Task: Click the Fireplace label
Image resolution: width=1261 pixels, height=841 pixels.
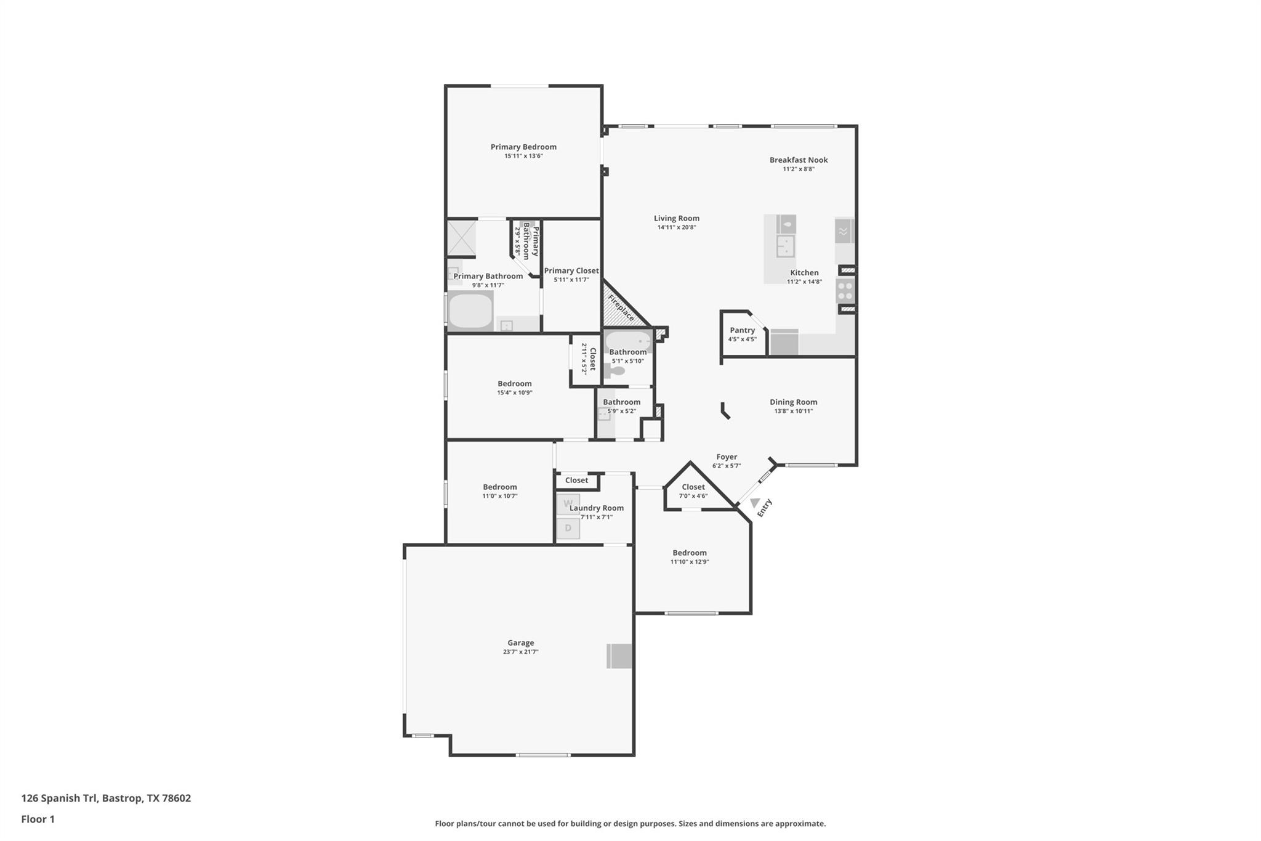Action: (x=621, y=307)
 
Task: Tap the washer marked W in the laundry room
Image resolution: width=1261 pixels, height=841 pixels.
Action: (x=568, y=503)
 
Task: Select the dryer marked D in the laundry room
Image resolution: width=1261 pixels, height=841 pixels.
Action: (x=568, y=528)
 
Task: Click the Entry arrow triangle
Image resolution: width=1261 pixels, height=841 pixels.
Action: (x=755, y=503)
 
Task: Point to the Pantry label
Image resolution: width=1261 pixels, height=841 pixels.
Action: (x=742, y=330)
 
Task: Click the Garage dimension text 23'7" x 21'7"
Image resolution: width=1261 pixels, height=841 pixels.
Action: (x=520, y=652)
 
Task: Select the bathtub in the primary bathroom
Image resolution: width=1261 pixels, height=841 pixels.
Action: (x=470, y=311)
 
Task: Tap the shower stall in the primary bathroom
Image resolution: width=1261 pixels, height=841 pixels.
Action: (x=461, y=238)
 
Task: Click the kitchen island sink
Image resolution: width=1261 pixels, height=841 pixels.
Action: (x=784, y=246)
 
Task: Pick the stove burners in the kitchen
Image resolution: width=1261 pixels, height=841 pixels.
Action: (x=845, y=290)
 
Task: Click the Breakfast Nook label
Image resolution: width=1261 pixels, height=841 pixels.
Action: (x=798, y=160)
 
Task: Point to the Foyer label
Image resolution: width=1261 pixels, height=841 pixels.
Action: (x=727, y=457)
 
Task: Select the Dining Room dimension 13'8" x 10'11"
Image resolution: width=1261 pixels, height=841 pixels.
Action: (x=793, y=411)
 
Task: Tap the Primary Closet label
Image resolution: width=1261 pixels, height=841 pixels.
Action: (x=571, y=270)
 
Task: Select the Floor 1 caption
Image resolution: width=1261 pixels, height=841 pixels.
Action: (x=38, y=819)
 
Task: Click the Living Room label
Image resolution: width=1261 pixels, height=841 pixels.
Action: (x=676, y=218)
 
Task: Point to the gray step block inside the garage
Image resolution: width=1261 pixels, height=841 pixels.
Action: (x=619, y=656)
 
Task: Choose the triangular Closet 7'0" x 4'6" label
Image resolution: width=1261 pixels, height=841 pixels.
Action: (x=693, y=487)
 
